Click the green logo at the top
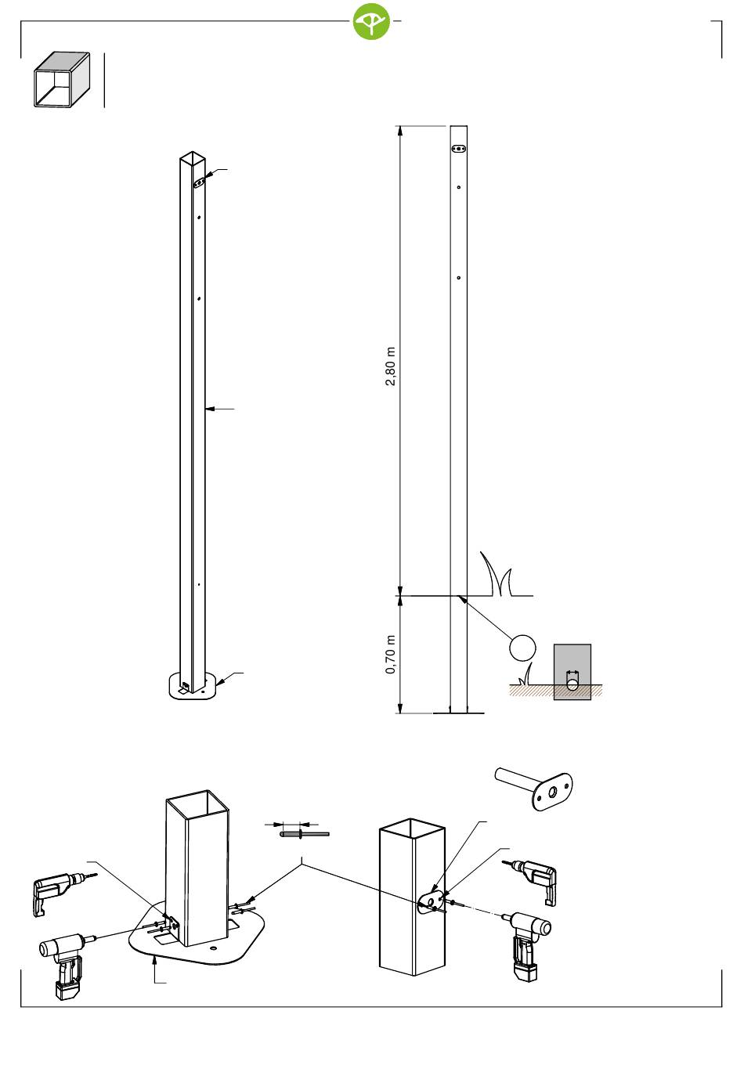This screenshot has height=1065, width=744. pos(371,21)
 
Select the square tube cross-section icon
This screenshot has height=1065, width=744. pos(62,80)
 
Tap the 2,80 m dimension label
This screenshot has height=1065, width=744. pos(390,366)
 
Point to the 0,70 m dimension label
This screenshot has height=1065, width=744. pos(390,654)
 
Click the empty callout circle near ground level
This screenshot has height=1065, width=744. pos(522,647)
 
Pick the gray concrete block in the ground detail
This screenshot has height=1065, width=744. pos(572,672)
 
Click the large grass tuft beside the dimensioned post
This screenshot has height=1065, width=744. pos(497,574)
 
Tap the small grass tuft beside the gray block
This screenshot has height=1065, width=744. pos(525,675)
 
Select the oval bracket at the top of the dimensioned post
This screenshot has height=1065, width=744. pos(459,149)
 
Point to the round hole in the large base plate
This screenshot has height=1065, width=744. pos(212,948)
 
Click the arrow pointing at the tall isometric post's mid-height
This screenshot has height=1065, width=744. pos(220,409)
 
